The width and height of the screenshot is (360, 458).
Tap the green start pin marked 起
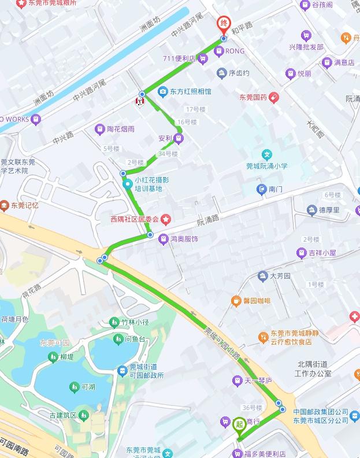[239, 424]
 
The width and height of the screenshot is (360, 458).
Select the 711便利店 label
[181, 58]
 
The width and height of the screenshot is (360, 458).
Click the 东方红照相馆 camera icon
[164, 91]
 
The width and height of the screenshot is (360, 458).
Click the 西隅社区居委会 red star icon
[166, 219]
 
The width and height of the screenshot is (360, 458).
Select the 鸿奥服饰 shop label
[184, 238]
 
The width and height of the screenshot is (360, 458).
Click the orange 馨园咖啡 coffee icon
[236, 301]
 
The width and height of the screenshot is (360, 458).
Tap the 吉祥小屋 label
[322, 253]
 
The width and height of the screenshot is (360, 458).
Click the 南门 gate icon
[262, 189]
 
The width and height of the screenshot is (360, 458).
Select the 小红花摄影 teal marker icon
[127, 184]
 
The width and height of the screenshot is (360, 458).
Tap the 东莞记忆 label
[24, 205]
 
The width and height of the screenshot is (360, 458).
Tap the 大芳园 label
[280, 276]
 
